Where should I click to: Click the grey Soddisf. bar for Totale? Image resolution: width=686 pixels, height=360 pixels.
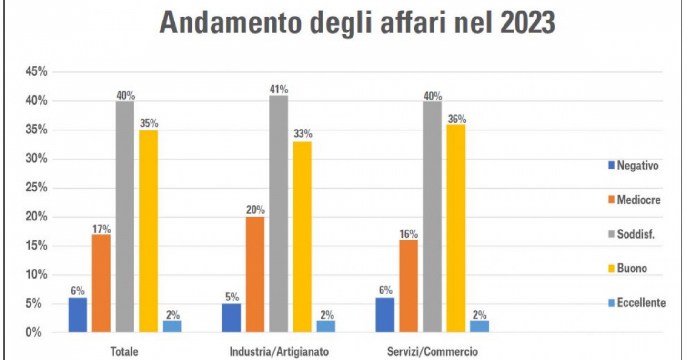125,217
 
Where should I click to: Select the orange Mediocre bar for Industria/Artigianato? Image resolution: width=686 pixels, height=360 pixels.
255,274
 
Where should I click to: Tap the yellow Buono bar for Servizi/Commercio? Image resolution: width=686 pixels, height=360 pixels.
456,229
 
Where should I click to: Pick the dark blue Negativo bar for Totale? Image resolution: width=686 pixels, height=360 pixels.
78,315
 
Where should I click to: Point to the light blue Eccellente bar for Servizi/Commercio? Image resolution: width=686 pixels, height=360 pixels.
479,326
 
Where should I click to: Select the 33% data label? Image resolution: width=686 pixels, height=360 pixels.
303,133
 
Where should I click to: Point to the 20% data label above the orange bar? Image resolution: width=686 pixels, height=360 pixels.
255,210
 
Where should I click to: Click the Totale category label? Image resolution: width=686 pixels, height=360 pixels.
124,352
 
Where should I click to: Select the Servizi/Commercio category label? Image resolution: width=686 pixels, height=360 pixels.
432,352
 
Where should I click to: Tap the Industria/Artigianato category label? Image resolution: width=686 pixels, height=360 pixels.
279,352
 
